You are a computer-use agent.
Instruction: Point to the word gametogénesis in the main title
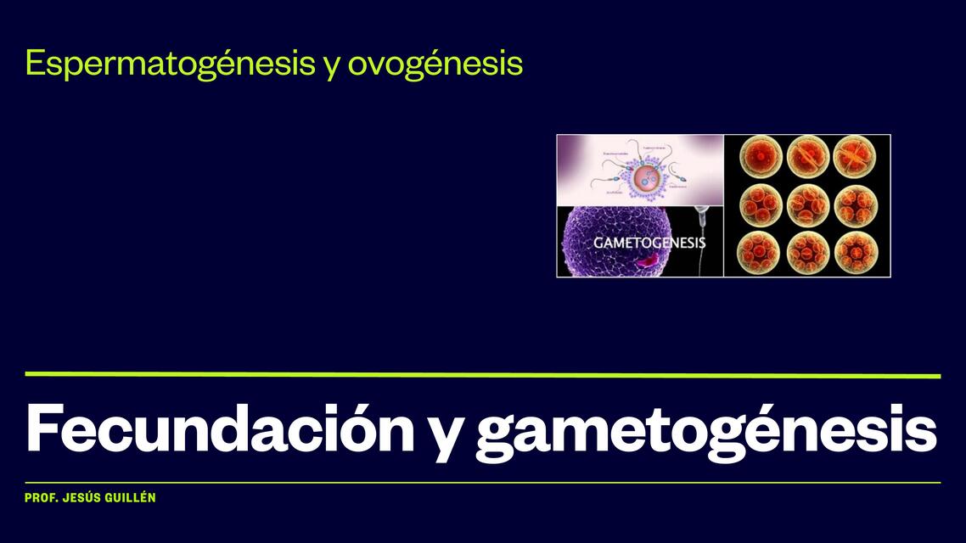[705, 431]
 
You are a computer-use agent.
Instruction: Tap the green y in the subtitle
[332, 66]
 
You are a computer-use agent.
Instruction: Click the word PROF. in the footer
[40, 498]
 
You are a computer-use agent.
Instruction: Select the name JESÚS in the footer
[83, 498]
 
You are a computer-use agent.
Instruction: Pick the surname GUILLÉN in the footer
[132, 498]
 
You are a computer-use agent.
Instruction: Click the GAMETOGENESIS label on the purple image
[649, 243]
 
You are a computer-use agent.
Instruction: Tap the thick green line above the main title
[482, 374]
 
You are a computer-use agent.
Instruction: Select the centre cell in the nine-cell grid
[806, 204]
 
